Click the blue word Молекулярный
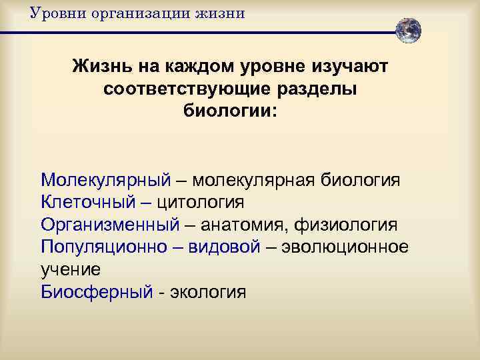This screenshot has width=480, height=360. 106,180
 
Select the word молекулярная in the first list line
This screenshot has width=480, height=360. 257,180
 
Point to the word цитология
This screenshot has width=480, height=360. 199,201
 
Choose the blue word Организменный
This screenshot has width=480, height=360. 110,224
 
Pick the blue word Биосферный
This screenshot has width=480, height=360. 97,291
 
